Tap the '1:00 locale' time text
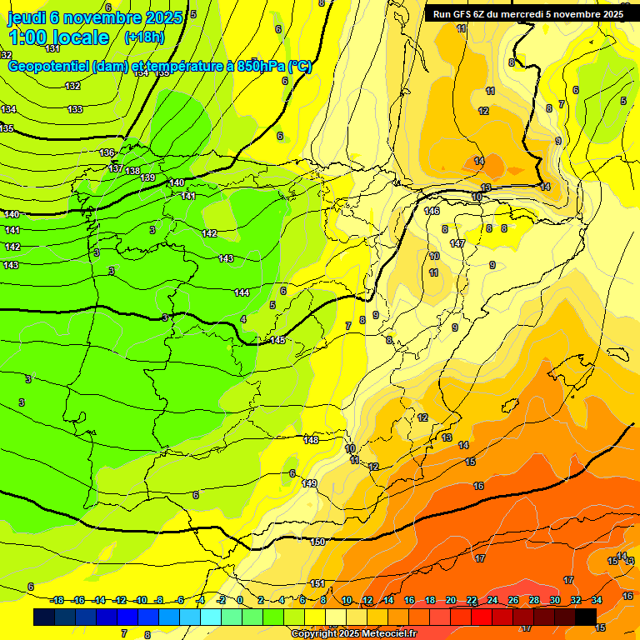[58, 37]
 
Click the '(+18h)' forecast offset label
[144, 37]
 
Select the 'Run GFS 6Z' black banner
[528, 13]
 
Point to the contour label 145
[277, 340]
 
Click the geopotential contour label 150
[317, 542]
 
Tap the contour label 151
[317, 583]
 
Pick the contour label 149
[310, 483]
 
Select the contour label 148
[312, 440]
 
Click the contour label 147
[457, 243]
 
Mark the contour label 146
[432, 211]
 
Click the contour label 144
[242, 292]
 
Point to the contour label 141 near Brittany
[188, 196]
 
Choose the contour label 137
[116, 168]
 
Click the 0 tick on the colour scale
[240, 600]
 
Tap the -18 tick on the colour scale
[57, 600]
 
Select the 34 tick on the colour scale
[596, 600]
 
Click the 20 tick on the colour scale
[451, 600]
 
